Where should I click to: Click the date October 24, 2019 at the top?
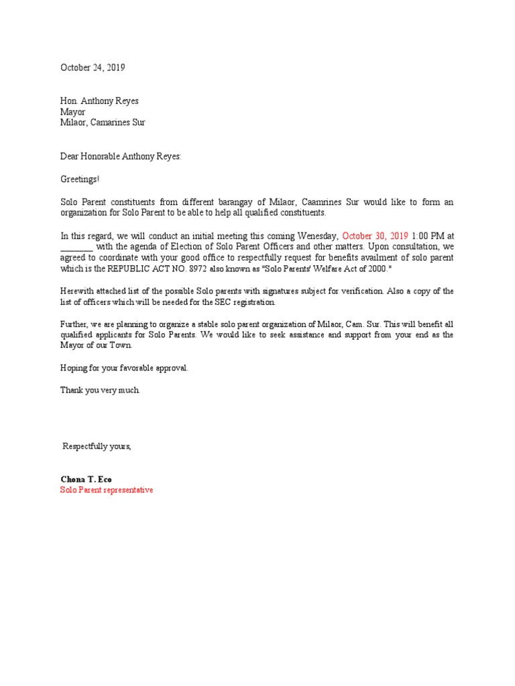[93, 68]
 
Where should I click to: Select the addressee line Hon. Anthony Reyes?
[99, 101]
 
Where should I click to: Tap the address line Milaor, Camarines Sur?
[103, 123]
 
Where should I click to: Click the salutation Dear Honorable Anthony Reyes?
[121, 156]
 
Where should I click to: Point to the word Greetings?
[80, 180]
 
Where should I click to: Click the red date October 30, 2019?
[376, 236]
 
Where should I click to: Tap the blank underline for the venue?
[76, 247]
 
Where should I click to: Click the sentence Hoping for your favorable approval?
[125, 368]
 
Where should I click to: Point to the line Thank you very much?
[101, 390]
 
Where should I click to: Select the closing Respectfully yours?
[97, 446]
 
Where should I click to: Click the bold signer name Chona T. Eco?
[86, 480]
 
